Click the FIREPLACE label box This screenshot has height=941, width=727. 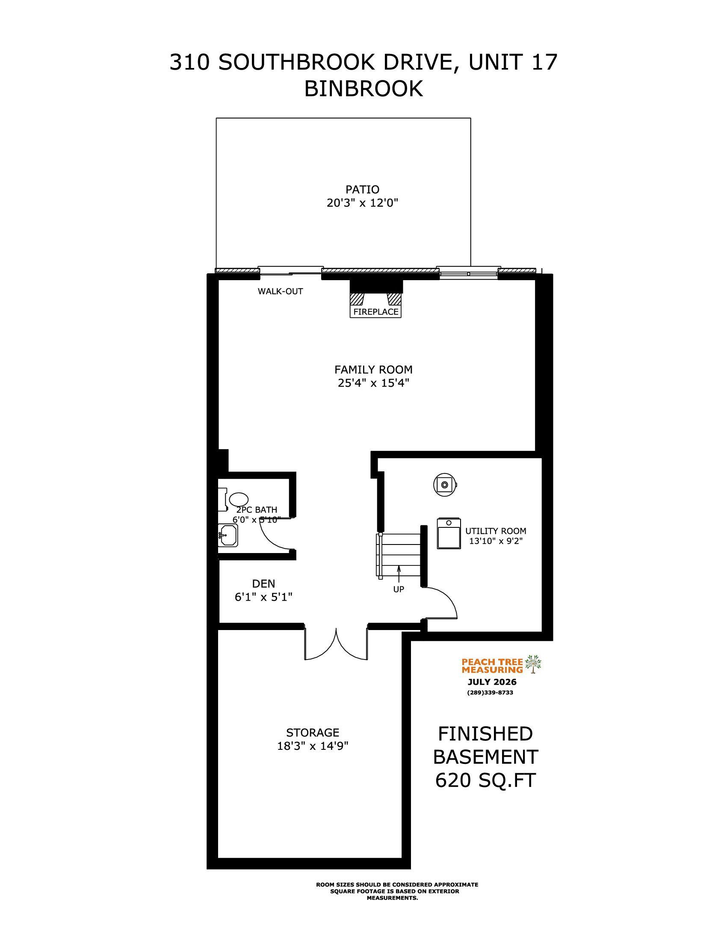[x=375, y=311]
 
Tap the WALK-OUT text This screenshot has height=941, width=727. [x=281, y=291]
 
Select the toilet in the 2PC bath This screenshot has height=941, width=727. [x=232, y=499]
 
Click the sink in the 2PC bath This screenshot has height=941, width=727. [x=228, y=535]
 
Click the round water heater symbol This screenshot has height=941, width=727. [x=444, y=484]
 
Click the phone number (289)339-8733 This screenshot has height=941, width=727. [x=490, y=693]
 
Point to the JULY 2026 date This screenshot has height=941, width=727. [x=492, y=682]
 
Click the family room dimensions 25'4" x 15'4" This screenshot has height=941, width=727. [x=373, y=383]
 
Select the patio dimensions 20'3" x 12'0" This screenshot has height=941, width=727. [x=362, y=203]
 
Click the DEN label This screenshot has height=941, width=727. [x=263, y=583]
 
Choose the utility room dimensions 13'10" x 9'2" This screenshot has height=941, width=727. [x=496, y=542]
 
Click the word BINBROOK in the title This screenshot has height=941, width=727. [x=363, y=89]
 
